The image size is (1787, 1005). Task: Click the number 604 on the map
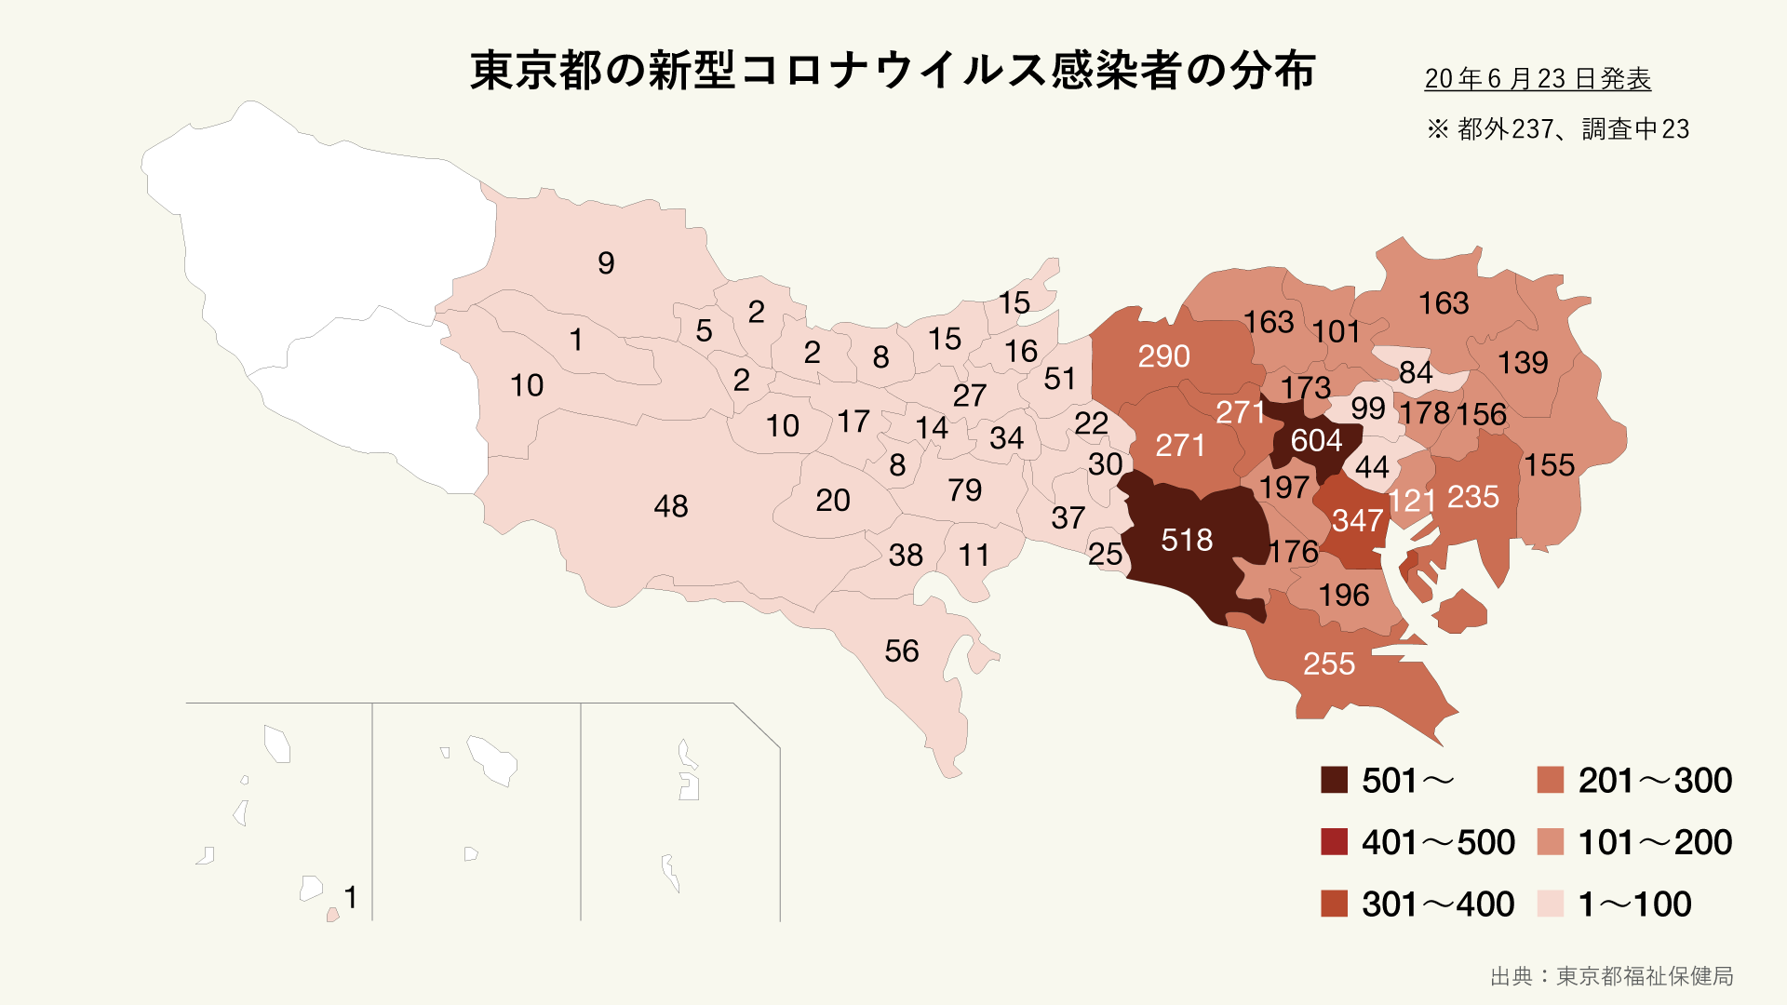(x=1316, y=440)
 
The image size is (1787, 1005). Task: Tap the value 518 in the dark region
(x=1187, y=540)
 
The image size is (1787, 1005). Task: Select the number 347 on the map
(x=1357, y=520)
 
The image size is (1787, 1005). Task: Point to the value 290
(x=1163, y=355)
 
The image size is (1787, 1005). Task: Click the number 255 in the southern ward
(x=1328, y=663)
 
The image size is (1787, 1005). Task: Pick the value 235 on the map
(x=1472, y=497)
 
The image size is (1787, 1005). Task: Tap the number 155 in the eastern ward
(x=1549, y=464)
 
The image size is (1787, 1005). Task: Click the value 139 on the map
(x=1523, y=362)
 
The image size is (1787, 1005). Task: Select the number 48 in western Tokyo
(x=670, y=506)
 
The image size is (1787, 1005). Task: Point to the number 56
(x=901, y=650)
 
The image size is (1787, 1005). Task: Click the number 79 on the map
(x=964, y=489)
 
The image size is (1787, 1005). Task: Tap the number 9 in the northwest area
(x=606, y=263)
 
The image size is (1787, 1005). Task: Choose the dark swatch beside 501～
(x=1334, y=780)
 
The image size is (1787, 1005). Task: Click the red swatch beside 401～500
(x=1334, y=841)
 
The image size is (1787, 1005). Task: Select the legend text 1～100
(x=1634, y=904)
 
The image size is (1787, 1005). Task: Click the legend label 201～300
(x=1655, y=780)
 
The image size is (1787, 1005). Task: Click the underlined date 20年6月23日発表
(x=1538, y=79)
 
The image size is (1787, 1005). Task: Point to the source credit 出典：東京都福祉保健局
(x=1611, y=975)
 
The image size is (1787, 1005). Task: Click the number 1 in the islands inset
(x=350, y=897)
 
